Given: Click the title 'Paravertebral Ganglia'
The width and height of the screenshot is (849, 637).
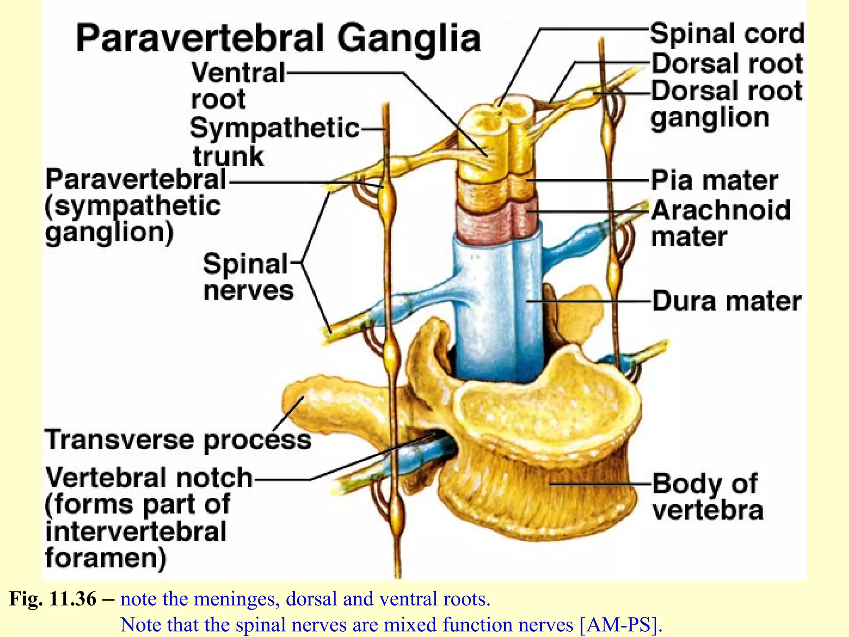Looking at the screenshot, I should coord(278,38).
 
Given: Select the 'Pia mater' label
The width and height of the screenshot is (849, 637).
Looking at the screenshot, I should coord(714,180).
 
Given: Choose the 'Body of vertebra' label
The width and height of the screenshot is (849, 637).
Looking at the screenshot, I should coord(707,496).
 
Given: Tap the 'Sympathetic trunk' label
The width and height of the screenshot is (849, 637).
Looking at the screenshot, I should coord(274,142).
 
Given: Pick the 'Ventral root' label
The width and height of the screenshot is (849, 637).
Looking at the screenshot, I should coord(238,85).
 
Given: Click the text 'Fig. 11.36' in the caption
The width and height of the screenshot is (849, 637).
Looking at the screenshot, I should coord(53,599).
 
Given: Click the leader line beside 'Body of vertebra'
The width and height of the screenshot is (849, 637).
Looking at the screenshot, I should coord(601,484).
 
